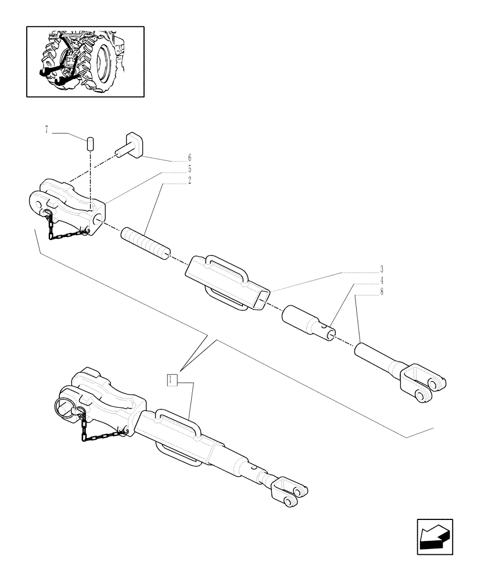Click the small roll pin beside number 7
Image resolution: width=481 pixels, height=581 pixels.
pyautogui.click(x=91, y=143)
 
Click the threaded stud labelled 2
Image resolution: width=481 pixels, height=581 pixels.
pyautogui.click(x=145, y=243)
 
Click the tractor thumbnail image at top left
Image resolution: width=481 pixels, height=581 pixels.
pyautogui.click(x=85, y=61)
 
